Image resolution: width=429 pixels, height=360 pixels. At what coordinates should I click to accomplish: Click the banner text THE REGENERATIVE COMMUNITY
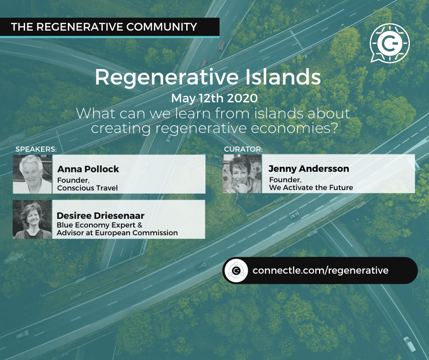[x=104, y=26]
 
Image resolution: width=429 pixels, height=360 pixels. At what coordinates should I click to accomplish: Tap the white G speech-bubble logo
[x=389, y=43]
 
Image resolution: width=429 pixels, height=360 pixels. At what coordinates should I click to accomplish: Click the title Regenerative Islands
[x=208, y=78]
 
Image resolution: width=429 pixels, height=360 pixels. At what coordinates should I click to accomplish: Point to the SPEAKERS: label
[x=36, y=149]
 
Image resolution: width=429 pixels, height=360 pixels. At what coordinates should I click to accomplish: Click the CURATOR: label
[x=243, y=149]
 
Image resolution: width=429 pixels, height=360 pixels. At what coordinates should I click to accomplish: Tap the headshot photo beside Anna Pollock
[x=32, y=174]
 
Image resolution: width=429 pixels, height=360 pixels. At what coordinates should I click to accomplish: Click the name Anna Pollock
[x=88, y=169]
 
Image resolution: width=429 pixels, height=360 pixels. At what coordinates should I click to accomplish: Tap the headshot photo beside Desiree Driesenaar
[x=32, y=219]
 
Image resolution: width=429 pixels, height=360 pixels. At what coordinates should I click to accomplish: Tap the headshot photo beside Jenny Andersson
[x=242, y=174]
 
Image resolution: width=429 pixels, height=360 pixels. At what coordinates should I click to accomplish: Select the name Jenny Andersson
[x=309, y=169]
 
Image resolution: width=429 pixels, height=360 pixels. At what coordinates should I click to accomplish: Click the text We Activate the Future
[x=311, y=187]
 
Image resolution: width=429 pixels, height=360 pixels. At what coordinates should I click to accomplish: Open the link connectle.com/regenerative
[x=320, y=270]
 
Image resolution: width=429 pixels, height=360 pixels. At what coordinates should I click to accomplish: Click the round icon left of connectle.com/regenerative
[x=236, y=270]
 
